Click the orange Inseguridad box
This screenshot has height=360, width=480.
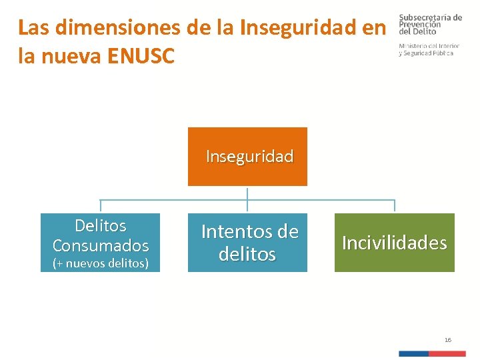click(x=247, y=157)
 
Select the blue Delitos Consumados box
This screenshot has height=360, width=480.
click(x=100, y=243)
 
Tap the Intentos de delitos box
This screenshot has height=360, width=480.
click(x=247, y=243)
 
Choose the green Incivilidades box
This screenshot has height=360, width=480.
click(x=394, y=243)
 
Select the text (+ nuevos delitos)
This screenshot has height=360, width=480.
click(x=100, y=263)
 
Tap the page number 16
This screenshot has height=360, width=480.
click(x=447, y=340)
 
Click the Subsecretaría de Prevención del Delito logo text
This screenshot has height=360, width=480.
click(x=430, y=24)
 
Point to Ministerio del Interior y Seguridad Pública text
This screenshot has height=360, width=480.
click(x=429, y=49)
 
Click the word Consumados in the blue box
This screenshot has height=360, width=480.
click(x=100, y=245)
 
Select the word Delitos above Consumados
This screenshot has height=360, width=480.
click(x=100, y=226)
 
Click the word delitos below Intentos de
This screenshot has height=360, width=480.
click(x=247, y=254)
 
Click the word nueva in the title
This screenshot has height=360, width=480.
click(x=65, y=56)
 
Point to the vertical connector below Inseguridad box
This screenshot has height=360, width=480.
click(x=247, y=193)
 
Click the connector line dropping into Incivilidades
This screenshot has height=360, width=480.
click(x=395, y=207)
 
